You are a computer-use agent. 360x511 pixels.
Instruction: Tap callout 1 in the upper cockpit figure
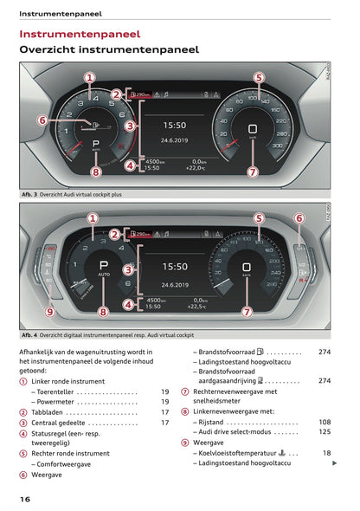tap(89, 77)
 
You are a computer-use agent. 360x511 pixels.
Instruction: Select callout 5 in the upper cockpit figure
tap(258, 77)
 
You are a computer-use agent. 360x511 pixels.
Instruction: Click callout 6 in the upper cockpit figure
tap(42, 120)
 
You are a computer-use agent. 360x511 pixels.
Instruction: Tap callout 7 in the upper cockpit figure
tap(252, 171)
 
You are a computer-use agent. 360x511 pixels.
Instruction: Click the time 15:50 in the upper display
tap(175, 125)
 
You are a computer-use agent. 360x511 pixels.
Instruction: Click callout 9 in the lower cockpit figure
tap(49, 311)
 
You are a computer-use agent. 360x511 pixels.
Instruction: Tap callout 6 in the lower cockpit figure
tap(299, 218)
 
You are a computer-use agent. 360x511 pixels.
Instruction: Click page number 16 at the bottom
tap(26, 499)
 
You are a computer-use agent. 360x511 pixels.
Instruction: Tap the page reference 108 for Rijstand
tap(325, 422)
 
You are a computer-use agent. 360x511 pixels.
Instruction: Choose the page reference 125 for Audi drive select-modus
tap(325, 431)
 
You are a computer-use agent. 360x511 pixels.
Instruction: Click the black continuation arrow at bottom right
tap(335, 462)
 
